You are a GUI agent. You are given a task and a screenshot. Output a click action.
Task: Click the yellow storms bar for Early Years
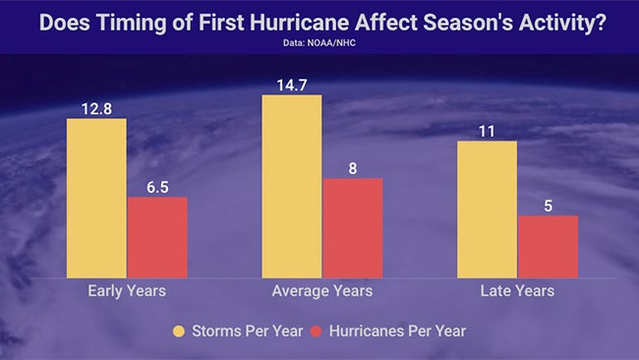96,198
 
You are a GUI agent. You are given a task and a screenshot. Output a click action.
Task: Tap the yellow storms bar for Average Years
291,186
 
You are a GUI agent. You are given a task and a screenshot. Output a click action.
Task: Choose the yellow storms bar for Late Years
487,210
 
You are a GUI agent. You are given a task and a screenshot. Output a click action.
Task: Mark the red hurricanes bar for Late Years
548,247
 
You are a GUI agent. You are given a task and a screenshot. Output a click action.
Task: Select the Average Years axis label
321,291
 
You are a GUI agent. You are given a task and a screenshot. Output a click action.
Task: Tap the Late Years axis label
517,291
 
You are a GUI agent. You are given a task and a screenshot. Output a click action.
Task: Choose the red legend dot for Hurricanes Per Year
317,331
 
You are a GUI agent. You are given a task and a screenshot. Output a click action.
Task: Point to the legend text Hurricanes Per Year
398,331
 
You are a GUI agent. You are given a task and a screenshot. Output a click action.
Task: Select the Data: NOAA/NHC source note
319,43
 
